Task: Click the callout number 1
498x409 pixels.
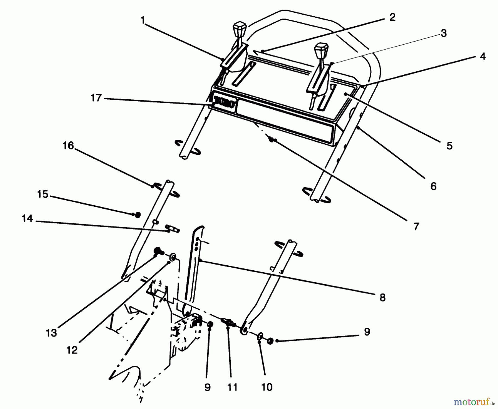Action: [x=143, y=20]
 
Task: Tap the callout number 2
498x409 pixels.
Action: [x=392, y=17]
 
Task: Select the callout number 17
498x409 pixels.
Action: [x=96, y=98]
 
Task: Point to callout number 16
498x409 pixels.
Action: [x=68, y=146]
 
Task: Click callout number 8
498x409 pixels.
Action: [x=382, y=298]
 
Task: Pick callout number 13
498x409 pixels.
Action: [x=51, y=333]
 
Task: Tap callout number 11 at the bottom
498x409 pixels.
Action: [x=232, y=387]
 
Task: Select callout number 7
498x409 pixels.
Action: [x=416, y=226]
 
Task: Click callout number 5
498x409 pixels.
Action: [x=449, y=146]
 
